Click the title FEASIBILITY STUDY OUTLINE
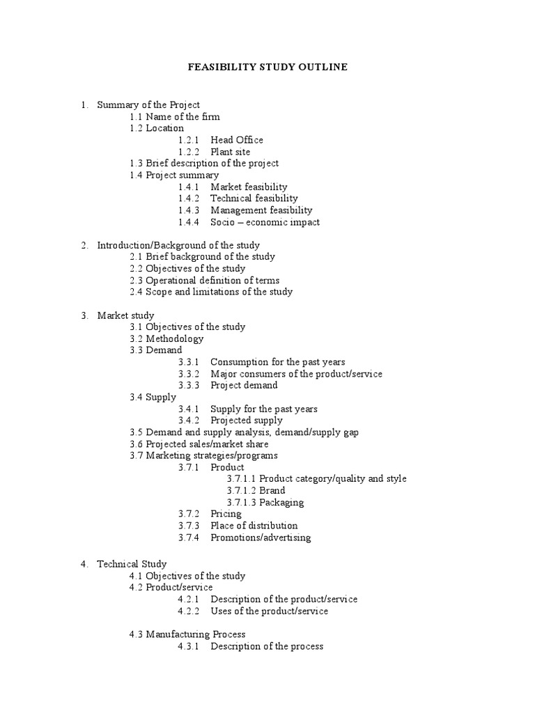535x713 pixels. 267,68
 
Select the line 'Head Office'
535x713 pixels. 237,140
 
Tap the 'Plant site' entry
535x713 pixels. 230,152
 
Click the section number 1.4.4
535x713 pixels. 188,222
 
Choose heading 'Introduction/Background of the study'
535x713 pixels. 178,245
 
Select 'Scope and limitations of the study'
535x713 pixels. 210,292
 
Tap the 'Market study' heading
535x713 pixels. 125,315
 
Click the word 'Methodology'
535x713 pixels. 175,339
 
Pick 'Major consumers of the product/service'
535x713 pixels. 296,374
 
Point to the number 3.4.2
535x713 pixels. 188,421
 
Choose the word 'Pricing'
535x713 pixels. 227,514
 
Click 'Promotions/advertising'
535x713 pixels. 261,538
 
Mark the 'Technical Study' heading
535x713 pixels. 132,564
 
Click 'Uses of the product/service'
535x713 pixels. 269,611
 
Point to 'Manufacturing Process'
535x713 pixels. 187,634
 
